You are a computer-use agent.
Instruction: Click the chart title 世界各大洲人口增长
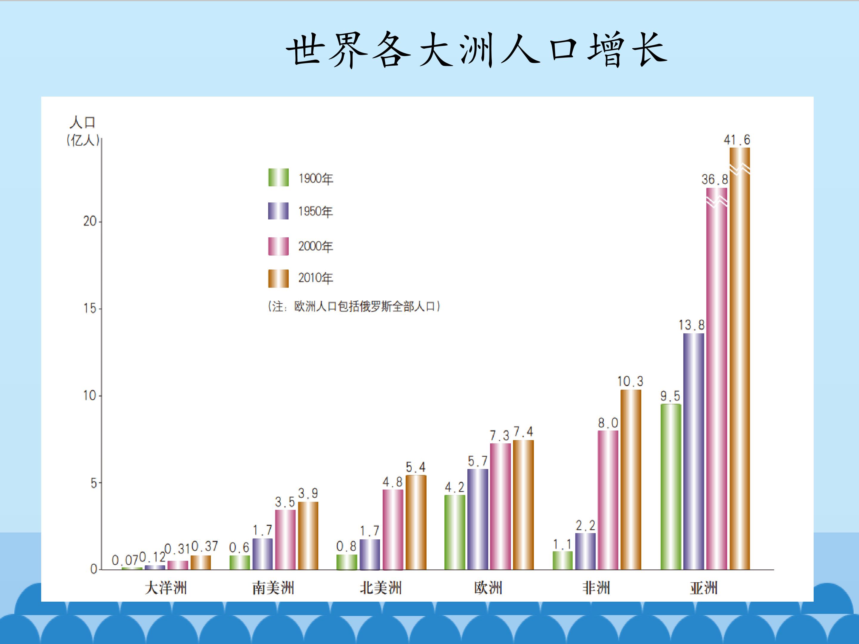click(477, 50)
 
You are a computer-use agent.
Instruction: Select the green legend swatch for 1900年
click(279, 177)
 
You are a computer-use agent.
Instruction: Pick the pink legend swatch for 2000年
click(279, 246)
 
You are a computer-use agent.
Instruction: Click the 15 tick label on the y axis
click(90, 309)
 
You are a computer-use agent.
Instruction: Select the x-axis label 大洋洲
click(166, 588)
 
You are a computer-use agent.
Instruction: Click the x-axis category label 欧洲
click(488, 588)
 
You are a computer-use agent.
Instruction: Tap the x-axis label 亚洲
click(704, 588)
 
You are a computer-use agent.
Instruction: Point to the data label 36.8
click(715, 179)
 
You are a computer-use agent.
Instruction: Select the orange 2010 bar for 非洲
click(631, 480)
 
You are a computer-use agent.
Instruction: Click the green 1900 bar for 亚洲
click(671, 487)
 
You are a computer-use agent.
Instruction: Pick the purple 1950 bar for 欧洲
click(478, 519)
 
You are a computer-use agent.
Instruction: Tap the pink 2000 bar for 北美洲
click(393, 530)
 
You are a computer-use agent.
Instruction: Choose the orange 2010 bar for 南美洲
click(308, 536)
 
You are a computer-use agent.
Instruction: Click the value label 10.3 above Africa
click(630, 382)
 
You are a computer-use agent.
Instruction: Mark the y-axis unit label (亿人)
click(83, 140)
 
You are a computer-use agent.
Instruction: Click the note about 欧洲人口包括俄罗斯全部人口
click(354, 307)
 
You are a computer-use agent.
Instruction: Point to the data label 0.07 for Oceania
click(125, 560)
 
